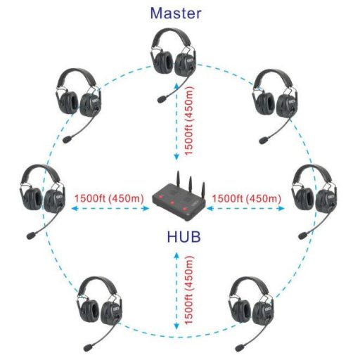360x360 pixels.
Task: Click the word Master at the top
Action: [x=176, y=13]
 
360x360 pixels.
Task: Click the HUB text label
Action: [x=184, y=236]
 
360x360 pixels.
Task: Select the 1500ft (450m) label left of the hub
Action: [x=109, y=198]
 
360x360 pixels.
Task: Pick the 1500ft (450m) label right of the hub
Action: [x=247, y=198]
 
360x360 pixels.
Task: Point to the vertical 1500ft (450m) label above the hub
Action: [x=189, y=121]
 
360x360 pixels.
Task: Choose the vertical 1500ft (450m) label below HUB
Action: [x=189, y=290]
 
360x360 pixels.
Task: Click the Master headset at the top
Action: [x=174, y=63]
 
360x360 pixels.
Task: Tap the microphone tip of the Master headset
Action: [x=162, y=99]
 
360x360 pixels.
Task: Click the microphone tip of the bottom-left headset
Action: [x=88, y=347]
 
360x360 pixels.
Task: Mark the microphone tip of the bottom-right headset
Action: [x=240, y=347]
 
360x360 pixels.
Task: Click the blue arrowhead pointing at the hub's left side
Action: [x=147, y=208]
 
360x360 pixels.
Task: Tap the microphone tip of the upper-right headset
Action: [x=264, y=140]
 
